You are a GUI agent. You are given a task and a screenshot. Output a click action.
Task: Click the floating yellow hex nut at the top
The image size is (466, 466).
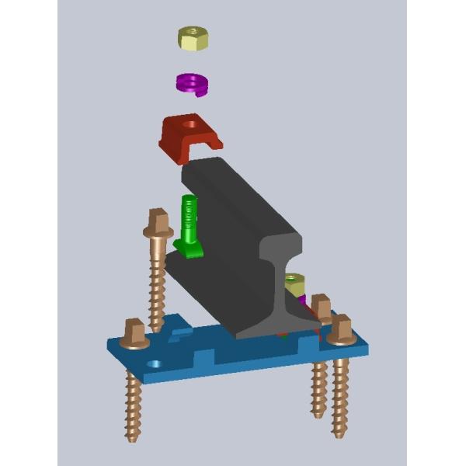pos(193,37)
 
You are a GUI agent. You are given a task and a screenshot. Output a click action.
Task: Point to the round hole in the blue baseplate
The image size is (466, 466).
pos(155,363)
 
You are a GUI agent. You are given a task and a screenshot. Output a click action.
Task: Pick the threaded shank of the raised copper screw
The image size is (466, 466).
pos(157,280)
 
